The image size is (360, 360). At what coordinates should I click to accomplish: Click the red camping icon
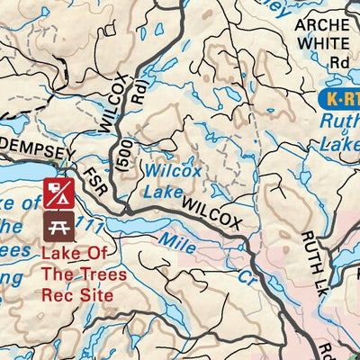(x=56, y=191)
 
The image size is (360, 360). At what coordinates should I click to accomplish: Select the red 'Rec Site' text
(x=77, y=294)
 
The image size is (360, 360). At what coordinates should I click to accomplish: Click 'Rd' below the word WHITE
(x=338, y=62)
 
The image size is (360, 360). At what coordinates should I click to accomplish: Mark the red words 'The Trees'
(x=84, y=274)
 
